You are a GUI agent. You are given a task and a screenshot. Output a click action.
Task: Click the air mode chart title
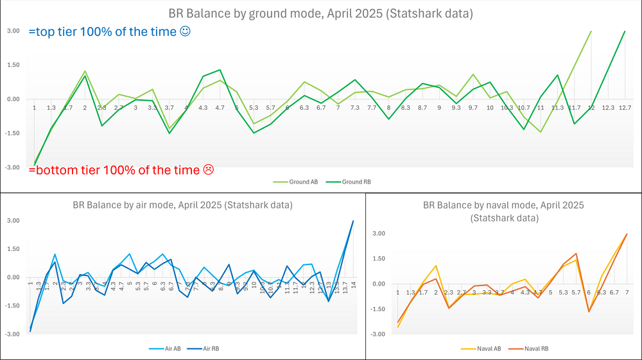183,205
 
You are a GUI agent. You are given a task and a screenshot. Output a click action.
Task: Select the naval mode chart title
504,212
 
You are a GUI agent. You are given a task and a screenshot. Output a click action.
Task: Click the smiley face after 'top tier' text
186,31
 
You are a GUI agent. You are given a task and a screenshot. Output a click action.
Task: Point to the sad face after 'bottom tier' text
208,170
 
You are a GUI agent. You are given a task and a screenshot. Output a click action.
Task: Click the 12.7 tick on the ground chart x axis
625,108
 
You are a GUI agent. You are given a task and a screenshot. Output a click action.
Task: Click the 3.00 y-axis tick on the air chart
12,221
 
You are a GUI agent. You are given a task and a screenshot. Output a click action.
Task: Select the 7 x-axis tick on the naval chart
627,292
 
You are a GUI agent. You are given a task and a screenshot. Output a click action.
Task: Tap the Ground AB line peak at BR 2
85,71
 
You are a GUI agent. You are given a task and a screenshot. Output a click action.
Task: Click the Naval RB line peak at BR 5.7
577,253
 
